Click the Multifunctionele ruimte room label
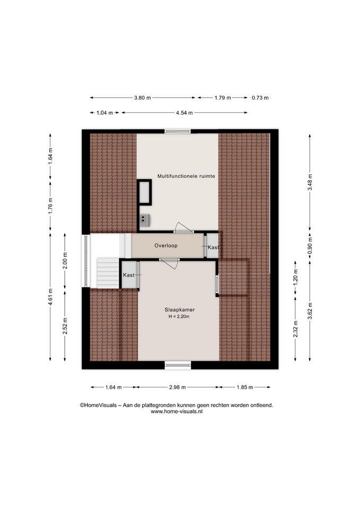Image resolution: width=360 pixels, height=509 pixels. tap(186, 176)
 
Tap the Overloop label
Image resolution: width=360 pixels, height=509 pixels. tap(166, 245)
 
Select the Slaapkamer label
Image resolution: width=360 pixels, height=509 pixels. tap(180, 310)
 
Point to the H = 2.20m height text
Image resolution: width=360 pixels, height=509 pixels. tap(179, 317)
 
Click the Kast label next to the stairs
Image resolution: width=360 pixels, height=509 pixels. tap(128, 275)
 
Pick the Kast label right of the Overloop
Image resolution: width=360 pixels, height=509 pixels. tap(213, 248)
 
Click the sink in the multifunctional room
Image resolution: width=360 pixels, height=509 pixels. tap(144, 221)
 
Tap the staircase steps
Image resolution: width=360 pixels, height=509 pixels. tap(108, 272)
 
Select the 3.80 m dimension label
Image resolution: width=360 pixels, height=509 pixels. tap(143, 98)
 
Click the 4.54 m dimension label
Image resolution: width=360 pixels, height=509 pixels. tap(184, 113)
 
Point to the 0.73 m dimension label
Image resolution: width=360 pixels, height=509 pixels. tap(260, 98)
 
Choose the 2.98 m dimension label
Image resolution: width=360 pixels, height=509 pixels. tap(178, 387)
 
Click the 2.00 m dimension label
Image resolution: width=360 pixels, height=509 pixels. tap(65, 261)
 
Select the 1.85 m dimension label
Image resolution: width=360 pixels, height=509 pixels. tap(244, 387)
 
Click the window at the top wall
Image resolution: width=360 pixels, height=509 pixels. tap(177, 131)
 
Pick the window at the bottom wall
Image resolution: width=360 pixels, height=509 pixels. tap(178, 365)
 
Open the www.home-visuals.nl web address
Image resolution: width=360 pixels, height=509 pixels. tap(177, 411)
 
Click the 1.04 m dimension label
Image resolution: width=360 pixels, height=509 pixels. tap(104, 113)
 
